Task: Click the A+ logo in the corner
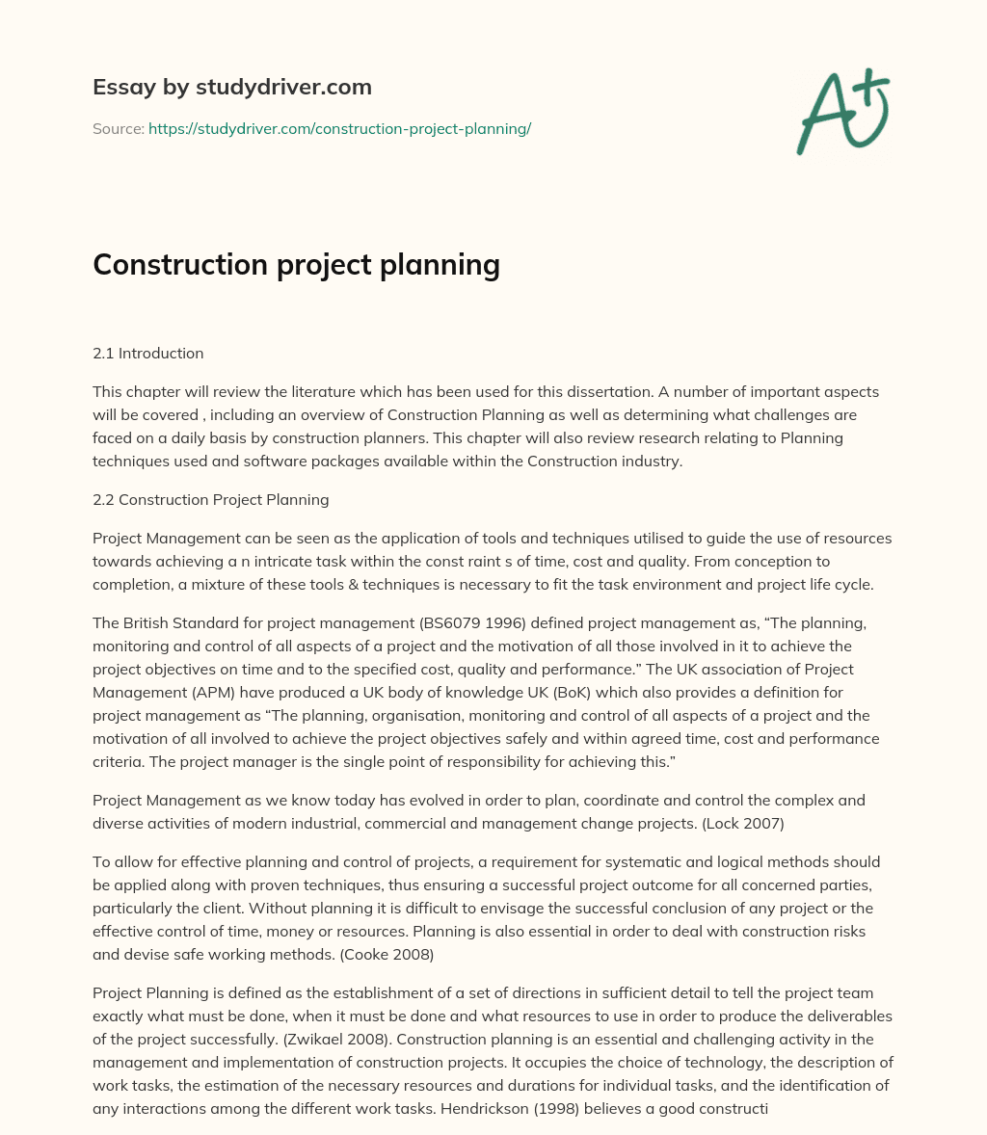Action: click(x=842, y=111)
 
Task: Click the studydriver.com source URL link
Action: click(x=339, y=128)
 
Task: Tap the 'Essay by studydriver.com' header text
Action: click(x=231, y=87)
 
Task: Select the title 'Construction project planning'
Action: click(x=296, y=264)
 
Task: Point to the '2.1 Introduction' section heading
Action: click(x=147, y=353)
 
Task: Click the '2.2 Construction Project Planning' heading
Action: click(x=210, y=499)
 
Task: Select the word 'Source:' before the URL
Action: click(x=118, y=128)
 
